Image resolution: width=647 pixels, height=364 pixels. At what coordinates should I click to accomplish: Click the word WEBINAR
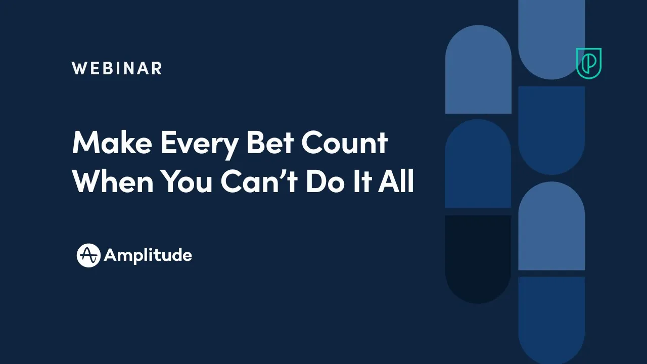117,68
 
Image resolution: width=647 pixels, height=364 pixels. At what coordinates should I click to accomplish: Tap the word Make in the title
112,143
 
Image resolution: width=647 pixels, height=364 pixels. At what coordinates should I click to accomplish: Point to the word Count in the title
345,143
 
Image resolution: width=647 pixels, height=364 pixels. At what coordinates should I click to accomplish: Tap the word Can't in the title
259,181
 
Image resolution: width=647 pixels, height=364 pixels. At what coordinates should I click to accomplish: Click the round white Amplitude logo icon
88,255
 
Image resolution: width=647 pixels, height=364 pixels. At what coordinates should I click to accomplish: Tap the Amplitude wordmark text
148,255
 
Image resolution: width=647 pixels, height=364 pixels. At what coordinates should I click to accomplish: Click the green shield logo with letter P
589,63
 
